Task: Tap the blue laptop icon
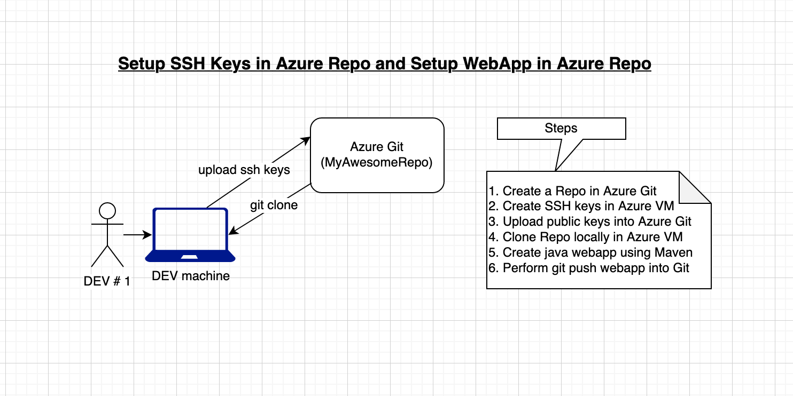coord(190,235)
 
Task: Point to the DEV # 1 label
coord(107,281)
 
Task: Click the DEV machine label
coord(191,276)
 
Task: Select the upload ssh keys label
coord(244,170)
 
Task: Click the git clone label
coord(274,205)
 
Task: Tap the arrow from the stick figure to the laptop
coord(137,234)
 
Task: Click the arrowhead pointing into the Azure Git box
coord(307,139)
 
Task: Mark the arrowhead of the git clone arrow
coord(232,232)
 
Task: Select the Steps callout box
coord(561,128)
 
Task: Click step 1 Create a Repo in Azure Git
coord(572,191)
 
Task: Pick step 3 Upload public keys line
coord(590,221)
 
